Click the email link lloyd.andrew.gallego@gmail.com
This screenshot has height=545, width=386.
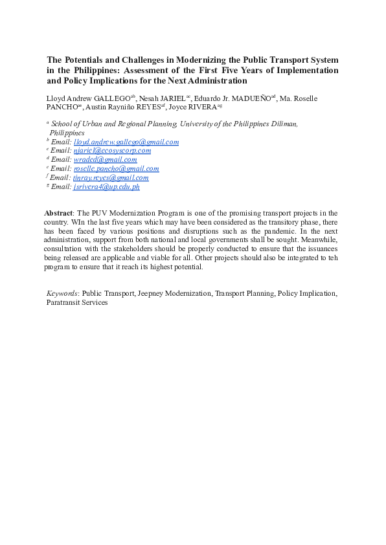(x=126, y=142)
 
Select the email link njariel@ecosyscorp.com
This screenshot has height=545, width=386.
(x=112, y=151)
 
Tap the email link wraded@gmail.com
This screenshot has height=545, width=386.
(x=105, y=159)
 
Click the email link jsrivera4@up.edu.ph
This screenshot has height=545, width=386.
(x=106, y=186)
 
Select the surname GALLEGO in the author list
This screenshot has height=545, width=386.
(x=113, y=98)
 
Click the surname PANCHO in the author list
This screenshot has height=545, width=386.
(x=63, y=107)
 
